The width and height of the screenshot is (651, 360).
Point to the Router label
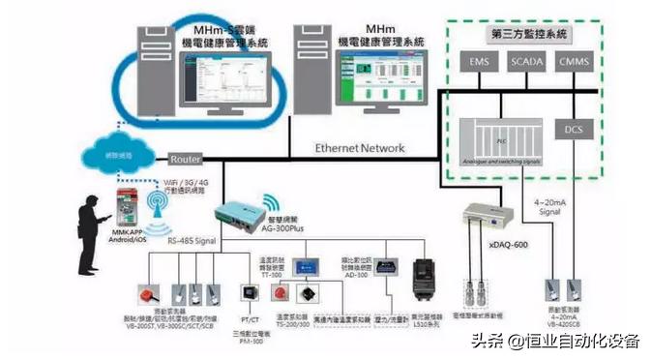coord(185,159)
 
